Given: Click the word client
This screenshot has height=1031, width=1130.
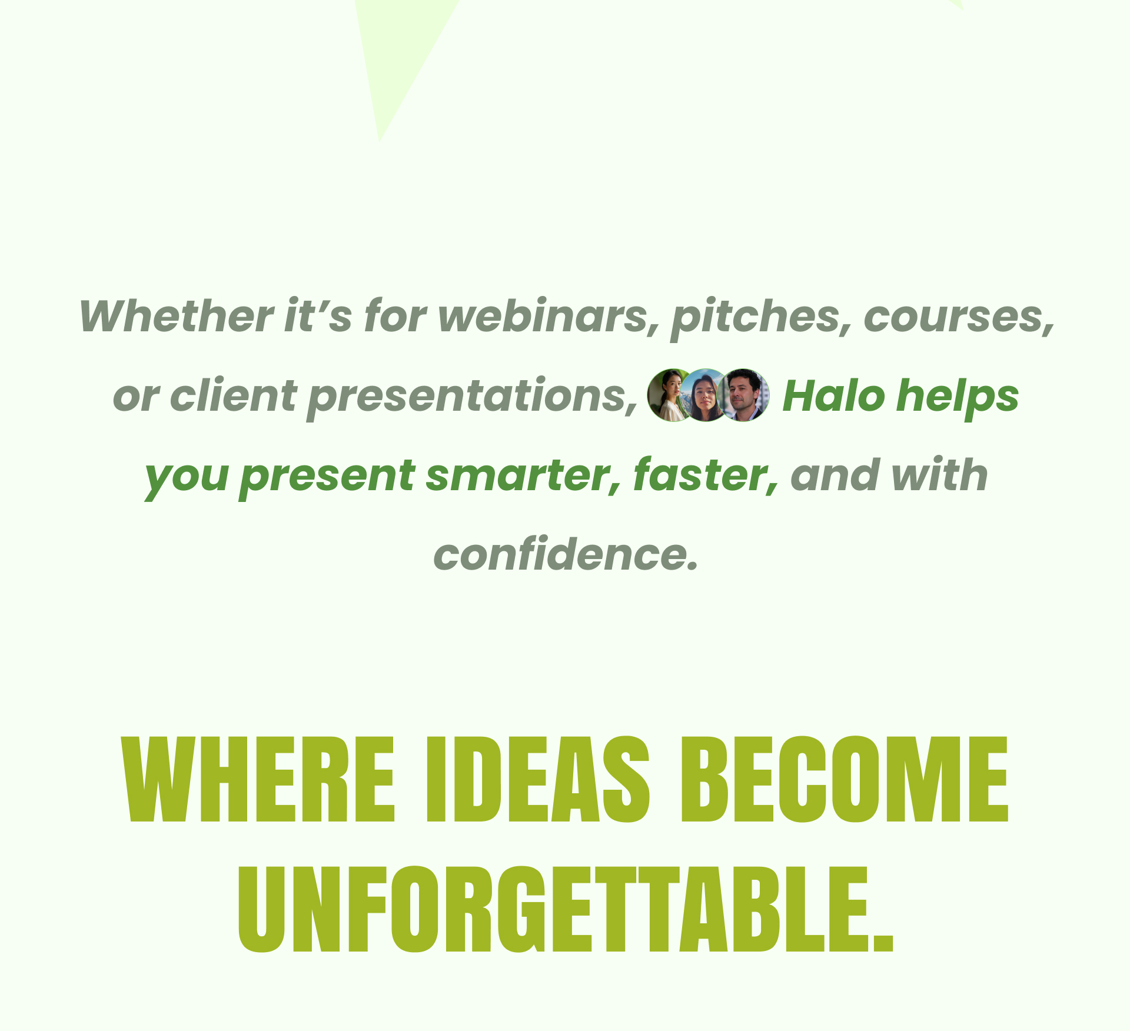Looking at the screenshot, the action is [x=233, y=395].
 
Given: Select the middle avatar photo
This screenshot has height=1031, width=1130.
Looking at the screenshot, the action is [x=704, y=395].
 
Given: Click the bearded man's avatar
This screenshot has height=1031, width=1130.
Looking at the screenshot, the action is [x=743, y=395].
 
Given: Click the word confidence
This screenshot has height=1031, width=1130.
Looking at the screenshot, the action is [x=566, y=554].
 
